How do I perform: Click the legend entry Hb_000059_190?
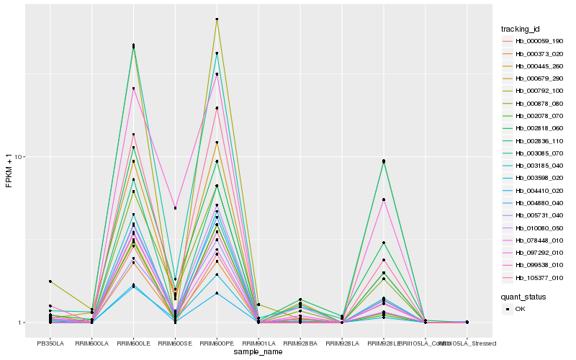pyautogui.click(x=534, y=41)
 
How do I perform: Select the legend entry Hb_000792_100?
pyautogui.click(x=534, y=91)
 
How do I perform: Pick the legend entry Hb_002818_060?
pyautogui.click(x=534, y=128)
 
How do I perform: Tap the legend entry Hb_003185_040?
pyautogui.click(x=534, y=166)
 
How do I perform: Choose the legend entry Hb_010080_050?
pyautogui.click(x=534, y=228)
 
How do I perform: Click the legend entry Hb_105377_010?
pyautogui.click(x=534, y=277)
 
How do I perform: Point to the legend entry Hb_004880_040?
pyautogui.click(x=534, y=203)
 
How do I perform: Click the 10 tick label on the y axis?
pyautogui.click(x=21, y=158)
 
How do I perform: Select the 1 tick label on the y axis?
pyautogui.click(x=23, y=323)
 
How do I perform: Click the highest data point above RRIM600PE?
pyautogui.click(x=217, y=19)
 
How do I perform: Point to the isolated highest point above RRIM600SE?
pyautogui.click(x=175, y=208)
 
